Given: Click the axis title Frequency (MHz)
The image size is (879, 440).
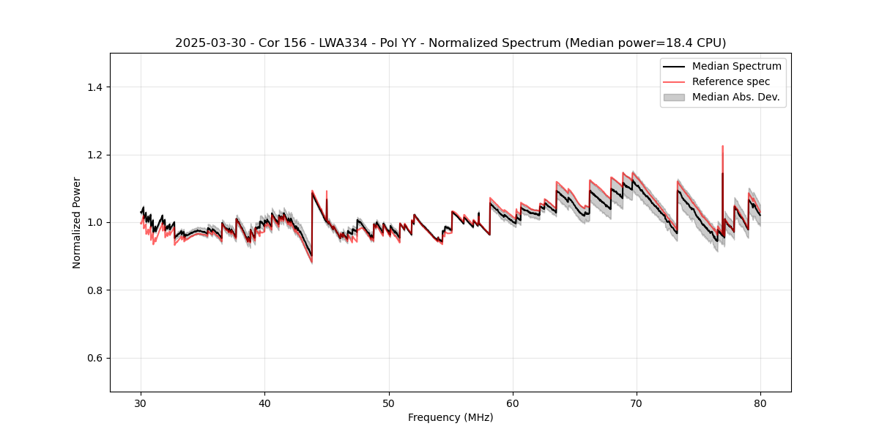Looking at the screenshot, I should pyautogui.click(x=450, y=417).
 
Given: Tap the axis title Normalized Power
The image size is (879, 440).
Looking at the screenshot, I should pyautogui.click(x=77, y=222).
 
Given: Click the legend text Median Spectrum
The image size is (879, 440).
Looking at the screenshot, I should pyautogui.click(x=736, y=66).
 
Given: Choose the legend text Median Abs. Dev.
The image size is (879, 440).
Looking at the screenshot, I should pyautogui.click(x=735, y=97).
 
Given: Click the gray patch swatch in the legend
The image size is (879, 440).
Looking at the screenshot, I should pyautogui.click(x=674, y=97).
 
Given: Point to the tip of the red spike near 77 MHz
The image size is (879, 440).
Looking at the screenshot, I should pyautogui.click(x=722, y=146).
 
